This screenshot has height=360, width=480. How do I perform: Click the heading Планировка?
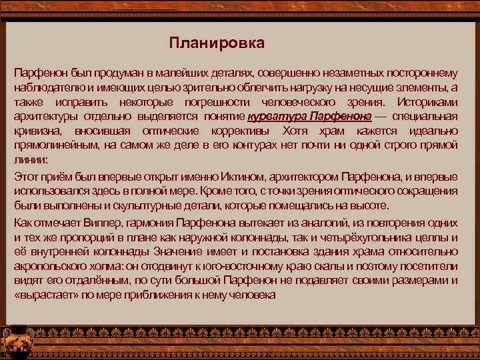coord(217,44)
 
